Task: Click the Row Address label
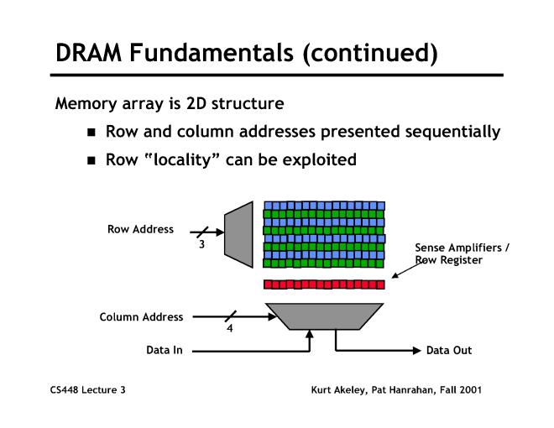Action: click(x=140, y=228)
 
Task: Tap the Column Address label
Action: click(x=141, y=317)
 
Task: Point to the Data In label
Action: click(x=165, y=350)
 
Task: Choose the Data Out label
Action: click(x=449, y=350)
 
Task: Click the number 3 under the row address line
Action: click(x=201, y=244)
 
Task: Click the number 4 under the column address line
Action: click(x=230, y=329)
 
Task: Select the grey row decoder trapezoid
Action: click(x=238, y=230)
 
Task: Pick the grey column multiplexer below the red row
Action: click(x=324, y=316)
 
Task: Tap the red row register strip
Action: click(x=324, y=284)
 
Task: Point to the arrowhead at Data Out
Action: click(x=416, y=350)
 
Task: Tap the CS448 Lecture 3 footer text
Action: click(x=86, y=390)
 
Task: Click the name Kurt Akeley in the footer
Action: click(x=341, y=390)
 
